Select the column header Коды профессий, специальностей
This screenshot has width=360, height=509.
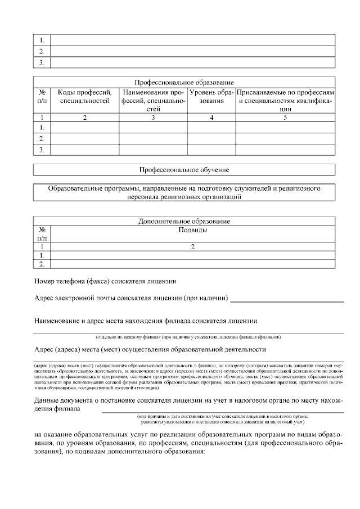click(84, 96)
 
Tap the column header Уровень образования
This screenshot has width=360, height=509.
click(211, 96)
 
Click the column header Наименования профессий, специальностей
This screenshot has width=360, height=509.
click(153, 100)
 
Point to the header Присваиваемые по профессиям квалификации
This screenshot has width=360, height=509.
click(285, 100)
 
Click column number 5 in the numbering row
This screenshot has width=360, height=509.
click(285, 118)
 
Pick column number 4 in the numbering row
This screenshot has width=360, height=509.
click(211, 118)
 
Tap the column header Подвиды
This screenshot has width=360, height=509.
click(192, 230)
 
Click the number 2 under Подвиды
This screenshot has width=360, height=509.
click(192, 246)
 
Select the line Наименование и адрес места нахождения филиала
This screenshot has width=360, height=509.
click(146, 321)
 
